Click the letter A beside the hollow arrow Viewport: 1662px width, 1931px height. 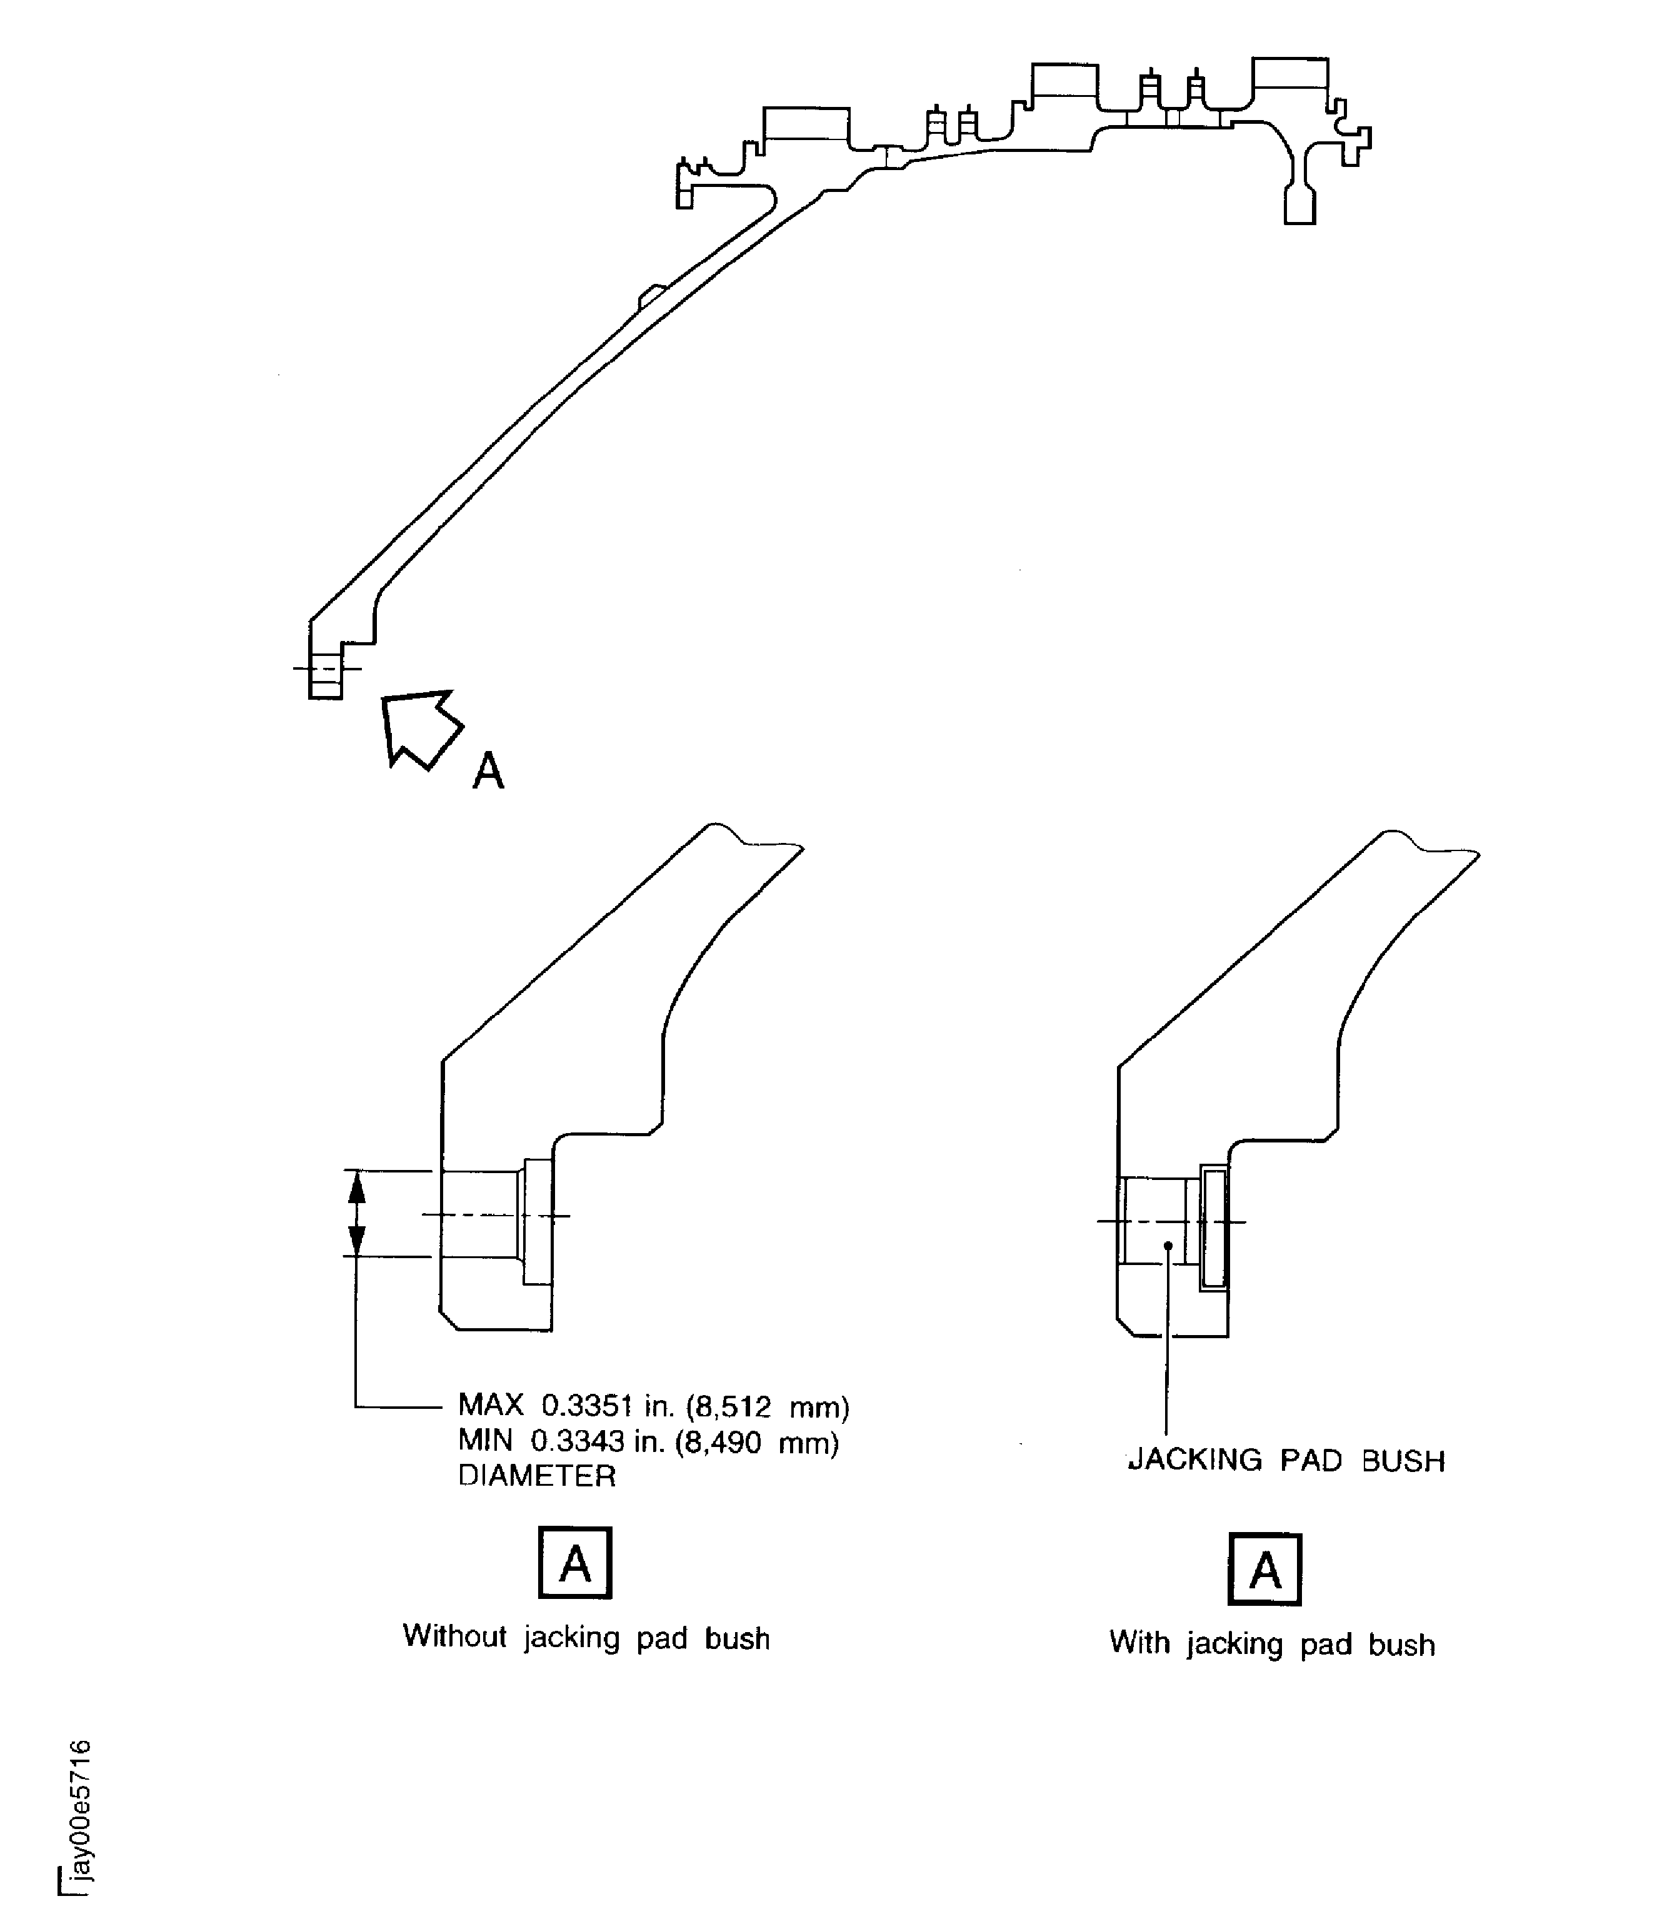[x=488, y=772]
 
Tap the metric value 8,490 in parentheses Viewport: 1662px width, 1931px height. [x=724, y=1442]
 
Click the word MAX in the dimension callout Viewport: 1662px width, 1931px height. [x=490, y=1405]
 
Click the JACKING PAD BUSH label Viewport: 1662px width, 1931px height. [x=1286, y=1460]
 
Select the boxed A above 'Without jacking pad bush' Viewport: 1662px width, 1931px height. [x=575, y=1563]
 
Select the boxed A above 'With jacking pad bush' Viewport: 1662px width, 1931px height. [x=1264, y=1570]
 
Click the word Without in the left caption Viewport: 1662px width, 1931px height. [x=454, y=1636]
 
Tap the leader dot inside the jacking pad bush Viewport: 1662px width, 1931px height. [x=1168, y=1245]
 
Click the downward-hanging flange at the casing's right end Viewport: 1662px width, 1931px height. [x=1299, y=200]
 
